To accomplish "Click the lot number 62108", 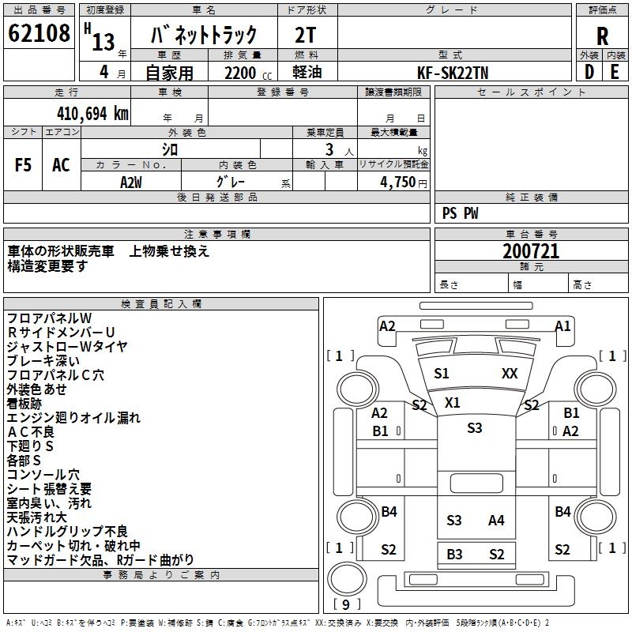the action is [39, 34].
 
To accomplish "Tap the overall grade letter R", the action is [602, 36].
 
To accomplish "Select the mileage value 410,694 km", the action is [92, 114].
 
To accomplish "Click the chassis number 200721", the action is [531, 252].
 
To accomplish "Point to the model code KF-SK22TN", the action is [453, 72].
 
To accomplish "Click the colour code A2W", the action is [131, 181].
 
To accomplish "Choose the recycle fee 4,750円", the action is [403, 181].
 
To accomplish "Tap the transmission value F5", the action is [24, 165].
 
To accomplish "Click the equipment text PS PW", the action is [461, 213].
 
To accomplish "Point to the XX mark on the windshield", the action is [510, 374].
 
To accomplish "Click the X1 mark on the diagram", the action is [452, 402].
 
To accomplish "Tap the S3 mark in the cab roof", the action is [474, 428].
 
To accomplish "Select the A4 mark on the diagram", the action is [496, 520].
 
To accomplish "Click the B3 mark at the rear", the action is [454, 555].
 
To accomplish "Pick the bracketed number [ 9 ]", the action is [347, 604].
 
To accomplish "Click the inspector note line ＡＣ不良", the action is [31, 431].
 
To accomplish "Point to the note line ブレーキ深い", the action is [43, 360].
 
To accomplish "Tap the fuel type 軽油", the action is [307, 73].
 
